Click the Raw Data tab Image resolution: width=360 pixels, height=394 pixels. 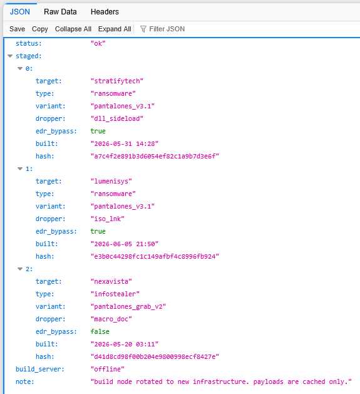[x=60, y=12]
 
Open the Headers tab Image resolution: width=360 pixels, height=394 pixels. [x=105, y=12]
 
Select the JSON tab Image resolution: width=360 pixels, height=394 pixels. [x=20, y=12]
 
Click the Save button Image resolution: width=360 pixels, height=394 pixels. [x=17, y=29]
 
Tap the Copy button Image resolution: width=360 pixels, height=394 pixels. [x=39, y=29]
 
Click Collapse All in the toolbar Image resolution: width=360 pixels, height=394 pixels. [x=73, y=29]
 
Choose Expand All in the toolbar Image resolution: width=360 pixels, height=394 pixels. [x=115, y=29]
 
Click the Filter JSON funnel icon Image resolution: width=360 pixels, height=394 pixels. [x=143, y=29]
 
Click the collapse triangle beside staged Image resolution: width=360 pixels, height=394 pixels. [x=10, y=56]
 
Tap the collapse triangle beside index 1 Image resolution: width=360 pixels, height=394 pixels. [x=20, y=169]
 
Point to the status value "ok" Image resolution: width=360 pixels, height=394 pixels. [x=98, y=43]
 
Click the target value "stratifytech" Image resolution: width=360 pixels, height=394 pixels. [x=117, y=81]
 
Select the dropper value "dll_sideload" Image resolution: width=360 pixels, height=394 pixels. [x=117, y=118]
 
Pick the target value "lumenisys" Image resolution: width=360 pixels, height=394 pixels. [x=111, y=182]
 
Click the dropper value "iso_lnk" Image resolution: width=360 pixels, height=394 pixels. [x=108, y=219]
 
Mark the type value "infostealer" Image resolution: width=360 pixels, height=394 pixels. [x=115, y=294]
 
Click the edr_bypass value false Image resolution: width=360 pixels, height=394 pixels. [x=100, y=331]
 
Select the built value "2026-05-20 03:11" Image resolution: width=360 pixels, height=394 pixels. [x=125, y=344]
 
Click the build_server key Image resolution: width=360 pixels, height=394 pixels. [x=40, y=369]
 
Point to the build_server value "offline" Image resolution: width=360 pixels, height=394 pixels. [x=108, y=369]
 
